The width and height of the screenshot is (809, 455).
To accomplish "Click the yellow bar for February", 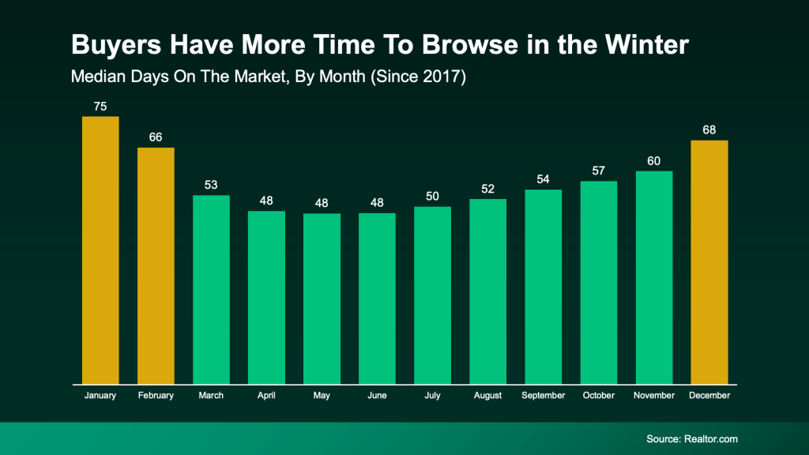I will coord(156,265).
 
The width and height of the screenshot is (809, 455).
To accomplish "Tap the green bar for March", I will coord(211,289).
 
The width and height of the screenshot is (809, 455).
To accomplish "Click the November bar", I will coord(653,277).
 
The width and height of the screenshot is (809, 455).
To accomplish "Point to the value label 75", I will coord(100,106).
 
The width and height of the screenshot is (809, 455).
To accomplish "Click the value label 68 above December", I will coord(709,130).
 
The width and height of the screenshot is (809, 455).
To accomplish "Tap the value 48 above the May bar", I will coord(322,202).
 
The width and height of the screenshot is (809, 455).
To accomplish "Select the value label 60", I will coord(653,160).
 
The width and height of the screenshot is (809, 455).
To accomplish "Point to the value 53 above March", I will coord(211,184).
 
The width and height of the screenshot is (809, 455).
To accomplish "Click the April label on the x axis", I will coord(266,395).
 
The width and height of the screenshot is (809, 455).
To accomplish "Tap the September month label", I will coord(543,395).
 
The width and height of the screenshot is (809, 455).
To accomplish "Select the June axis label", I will coord(377,395).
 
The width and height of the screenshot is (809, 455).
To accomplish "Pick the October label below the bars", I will coord(598,395).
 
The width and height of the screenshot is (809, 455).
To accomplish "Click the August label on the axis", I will coord(487,395).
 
